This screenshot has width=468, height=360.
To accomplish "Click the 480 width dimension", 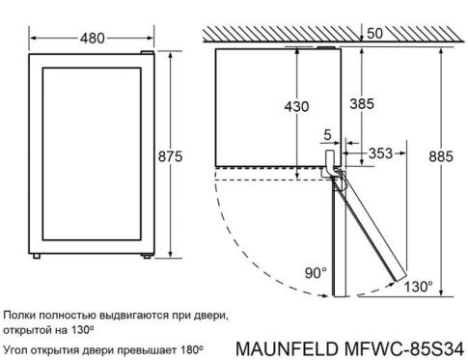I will pos(92,40).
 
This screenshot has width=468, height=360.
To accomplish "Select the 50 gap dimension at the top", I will pos(373,34).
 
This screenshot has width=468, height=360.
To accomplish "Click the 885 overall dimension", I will pos(439,157).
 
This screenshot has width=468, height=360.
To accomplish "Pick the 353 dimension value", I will pos(380,152).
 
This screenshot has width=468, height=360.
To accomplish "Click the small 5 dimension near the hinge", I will pos(327,135).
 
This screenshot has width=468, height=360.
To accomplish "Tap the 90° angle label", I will pos(316,273).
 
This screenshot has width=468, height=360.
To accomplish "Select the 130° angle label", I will pos(418,286).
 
